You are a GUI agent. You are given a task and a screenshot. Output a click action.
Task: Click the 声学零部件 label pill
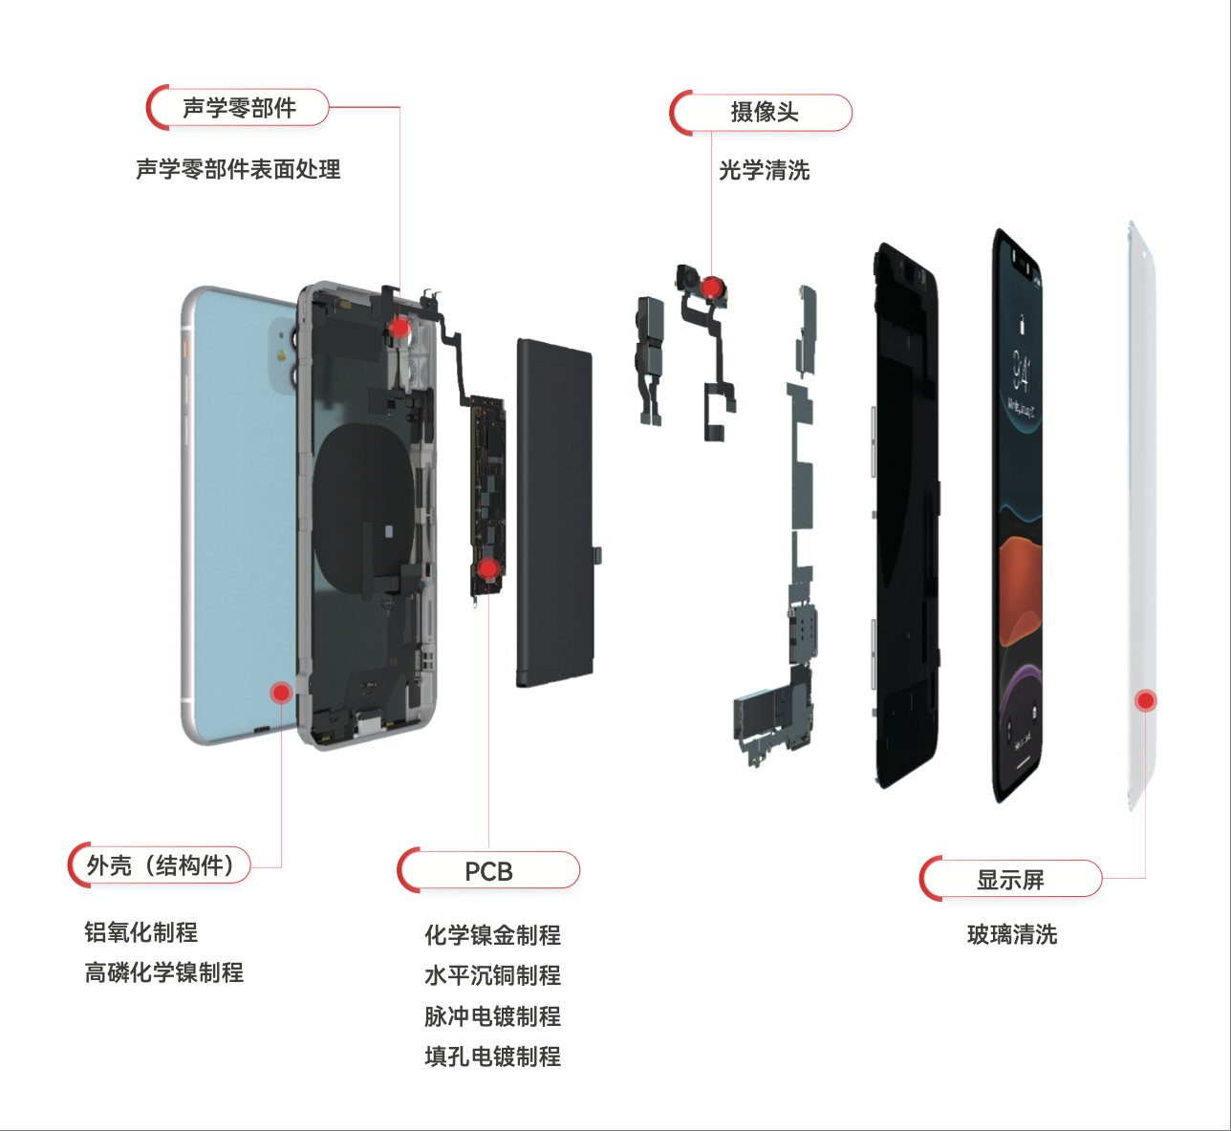(x=238, y=108)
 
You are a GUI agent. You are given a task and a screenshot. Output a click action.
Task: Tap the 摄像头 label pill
(x=762, y=113)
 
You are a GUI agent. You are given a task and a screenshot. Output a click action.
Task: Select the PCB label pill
(x=488, y=871)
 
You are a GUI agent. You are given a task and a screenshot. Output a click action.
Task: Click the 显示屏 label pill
(x=1010, y=879)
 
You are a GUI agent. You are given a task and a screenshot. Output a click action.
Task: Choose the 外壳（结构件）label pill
(x=160, y=865)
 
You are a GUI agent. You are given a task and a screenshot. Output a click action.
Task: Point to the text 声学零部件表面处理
(x=238, y=169)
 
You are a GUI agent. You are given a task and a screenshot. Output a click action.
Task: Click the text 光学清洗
(x=764, y=170)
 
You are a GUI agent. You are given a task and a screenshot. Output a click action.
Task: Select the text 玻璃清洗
(x=1011, y=934)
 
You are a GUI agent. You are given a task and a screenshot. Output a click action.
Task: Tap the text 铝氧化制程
(x=140, y=931)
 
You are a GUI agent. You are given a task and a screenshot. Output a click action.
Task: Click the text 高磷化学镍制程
(x=163, y=972)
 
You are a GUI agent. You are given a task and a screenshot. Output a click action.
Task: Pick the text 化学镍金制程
(x=492, y=934)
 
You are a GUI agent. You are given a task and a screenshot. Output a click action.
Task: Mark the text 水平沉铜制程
(x=492, y=975)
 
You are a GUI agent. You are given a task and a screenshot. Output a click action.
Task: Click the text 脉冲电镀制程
(x=492, y=1016)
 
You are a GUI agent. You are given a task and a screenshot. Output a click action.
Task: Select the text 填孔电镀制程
(x=492, y=1056)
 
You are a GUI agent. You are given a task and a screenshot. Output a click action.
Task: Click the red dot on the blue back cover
(x=281, y=693)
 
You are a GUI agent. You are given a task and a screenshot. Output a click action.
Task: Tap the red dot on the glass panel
(x=1145, y=700)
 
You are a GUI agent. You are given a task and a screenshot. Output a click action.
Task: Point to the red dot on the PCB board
(x=488, y=570)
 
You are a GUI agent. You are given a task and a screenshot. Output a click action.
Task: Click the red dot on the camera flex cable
(x=711, y=286)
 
